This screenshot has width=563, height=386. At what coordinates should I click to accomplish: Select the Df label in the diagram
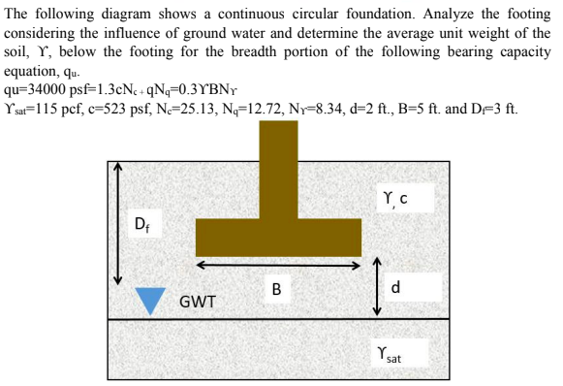click(142, 229)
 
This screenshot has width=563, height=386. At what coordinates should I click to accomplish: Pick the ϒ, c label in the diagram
click(395, 201)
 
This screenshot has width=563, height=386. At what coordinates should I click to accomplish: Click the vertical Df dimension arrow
click(118, 222)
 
